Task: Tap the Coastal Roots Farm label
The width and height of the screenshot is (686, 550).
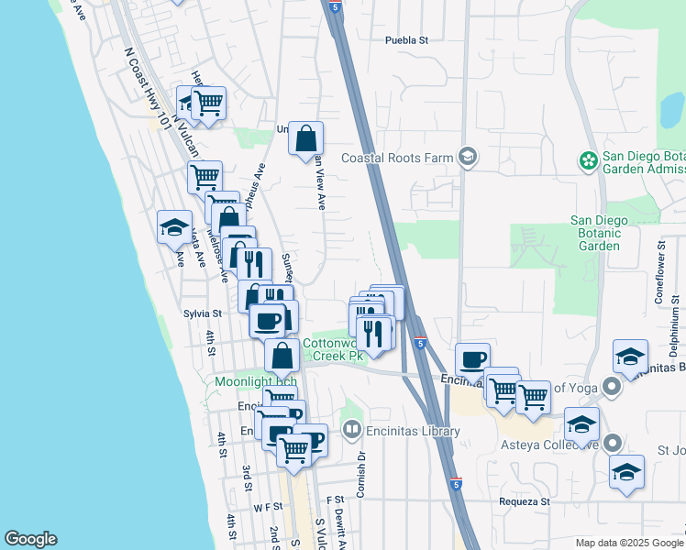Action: (x=397, y=158)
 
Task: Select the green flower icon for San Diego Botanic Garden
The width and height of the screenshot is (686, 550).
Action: (x=587, y=161)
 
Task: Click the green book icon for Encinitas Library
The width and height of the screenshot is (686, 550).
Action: (x=351, y=428)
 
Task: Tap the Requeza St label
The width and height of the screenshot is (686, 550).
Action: (x=524, y=501)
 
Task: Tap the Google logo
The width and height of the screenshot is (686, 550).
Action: (x=30, y=539)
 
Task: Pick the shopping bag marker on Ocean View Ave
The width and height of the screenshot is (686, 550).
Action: (x=306, y=140)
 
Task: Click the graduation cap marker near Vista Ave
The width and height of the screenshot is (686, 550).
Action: (x=174, y=228)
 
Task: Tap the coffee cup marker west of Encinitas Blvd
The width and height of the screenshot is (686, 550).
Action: (x=472, y=359)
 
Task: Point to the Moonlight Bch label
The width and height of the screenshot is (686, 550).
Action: (x=244, y=381)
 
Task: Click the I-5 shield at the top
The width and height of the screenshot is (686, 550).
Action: (x=337, y=6)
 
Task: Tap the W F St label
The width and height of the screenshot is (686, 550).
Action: (x=269, y=507)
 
